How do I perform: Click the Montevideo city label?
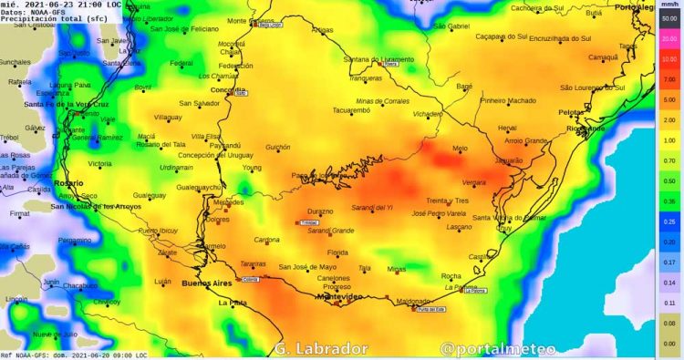[339, 297]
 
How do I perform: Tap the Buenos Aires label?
[208, 283]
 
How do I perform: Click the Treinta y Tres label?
[447, 201]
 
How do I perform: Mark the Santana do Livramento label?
[378, 59]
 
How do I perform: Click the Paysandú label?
[224, 145]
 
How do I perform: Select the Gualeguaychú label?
[199, 187]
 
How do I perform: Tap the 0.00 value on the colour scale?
[668, 343]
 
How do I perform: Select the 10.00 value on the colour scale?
[668, 58]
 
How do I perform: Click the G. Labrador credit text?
[320, 349]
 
